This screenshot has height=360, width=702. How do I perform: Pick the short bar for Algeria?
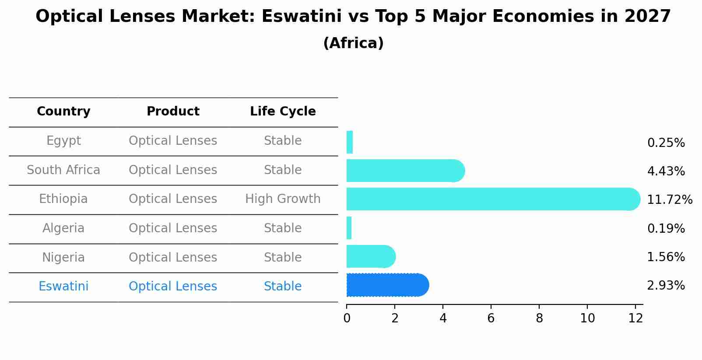pos(349,228)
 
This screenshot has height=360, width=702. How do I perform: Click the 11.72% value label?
pos(669,200)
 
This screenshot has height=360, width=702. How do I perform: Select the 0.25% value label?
pos(666,143)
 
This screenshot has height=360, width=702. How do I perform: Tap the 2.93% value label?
pos(666,286)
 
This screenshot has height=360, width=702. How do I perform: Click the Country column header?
pos(63,112)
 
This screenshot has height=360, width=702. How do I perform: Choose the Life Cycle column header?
pos(283,112)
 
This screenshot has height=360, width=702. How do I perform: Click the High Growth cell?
pos(283,199)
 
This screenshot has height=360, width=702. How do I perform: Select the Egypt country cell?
pos(63,141)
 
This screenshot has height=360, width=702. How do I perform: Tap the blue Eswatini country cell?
pos(63,287)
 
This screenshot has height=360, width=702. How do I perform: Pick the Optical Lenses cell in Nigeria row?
pos(173,257)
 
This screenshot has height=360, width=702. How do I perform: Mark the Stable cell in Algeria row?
pos(283,228)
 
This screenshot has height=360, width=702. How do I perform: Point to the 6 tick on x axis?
pos(491,318)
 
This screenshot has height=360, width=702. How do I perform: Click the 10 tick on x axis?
pos(587,318)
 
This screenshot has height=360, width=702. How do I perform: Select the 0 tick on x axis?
pos(347,318)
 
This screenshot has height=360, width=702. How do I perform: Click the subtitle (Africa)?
pos(353,43)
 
